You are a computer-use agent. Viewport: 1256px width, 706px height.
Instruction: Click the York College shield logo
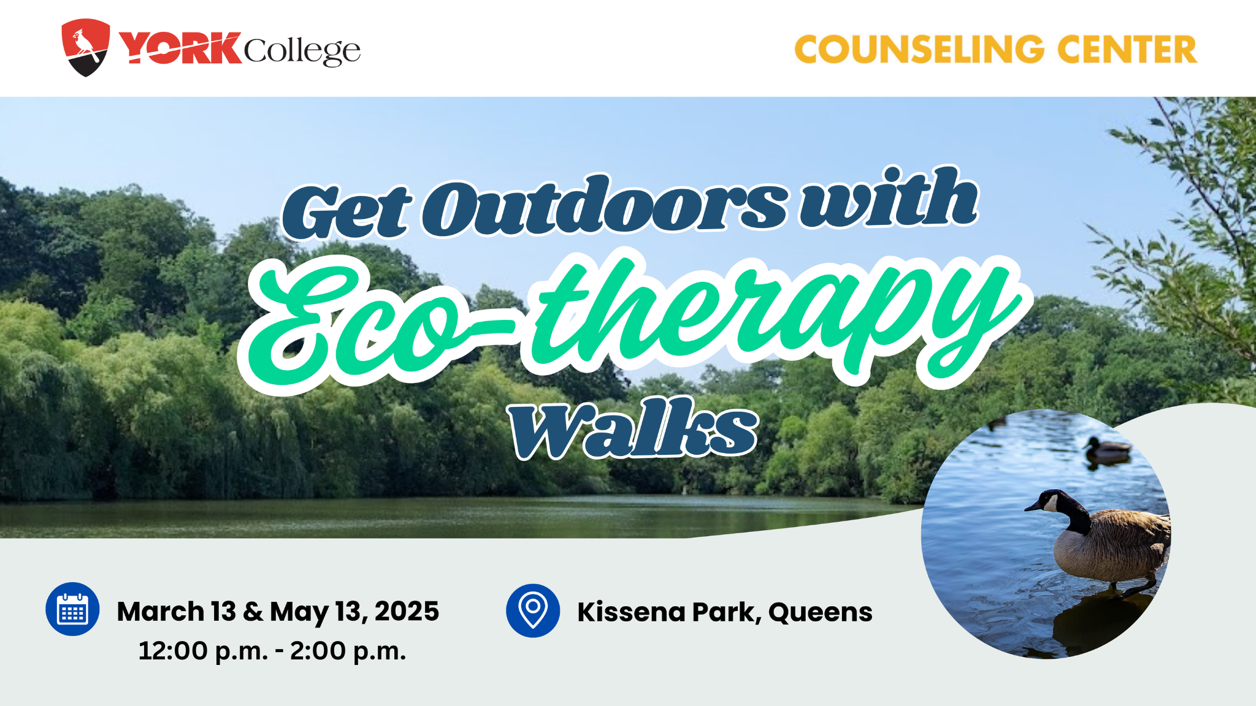point(86,47)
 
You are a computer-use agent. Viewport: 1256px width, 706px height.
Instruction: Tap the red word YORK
point(180,48)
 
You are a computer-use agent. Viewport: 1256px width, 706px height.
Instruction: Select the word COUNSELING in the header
point(919,49)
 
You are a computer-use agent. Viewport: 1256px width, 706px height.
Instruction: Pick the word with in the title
point(889,197)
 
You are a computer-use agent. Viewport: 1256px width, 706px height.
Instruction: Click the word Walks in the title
point(634,428)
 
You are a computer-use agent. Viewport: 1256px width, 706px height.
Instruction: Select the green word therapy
point(773,313)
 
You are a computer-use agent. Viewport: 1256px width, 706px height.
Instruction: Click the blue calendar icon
point(72,609)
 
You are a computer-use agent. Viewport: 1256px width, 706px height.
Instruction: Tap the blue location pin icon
point(533,610)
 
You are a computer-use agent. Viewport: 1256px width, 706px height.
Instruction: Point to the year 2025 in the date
point(407,612)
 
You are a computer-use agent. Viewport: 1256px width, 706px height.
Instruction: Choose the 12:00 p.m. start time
point(203,651)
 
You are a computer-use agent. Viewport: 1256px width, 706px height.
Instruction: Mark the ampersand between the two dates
point(253,612)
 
